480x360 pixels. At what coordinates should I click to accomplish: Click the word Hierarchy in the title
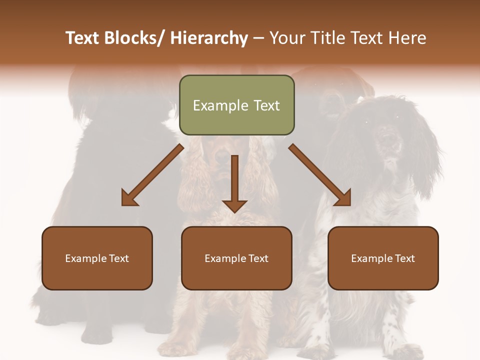[209, 38]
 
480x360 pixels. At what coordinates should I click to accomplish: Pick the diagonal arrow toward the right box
[320, 175]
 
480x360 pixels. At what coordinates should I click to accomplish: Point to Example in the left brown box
[86, 258]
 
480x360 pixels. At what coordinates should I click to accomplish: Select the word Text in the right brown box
[405, 258]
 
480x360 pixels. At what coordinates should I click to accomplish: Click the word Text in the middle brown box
[258, 258]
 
